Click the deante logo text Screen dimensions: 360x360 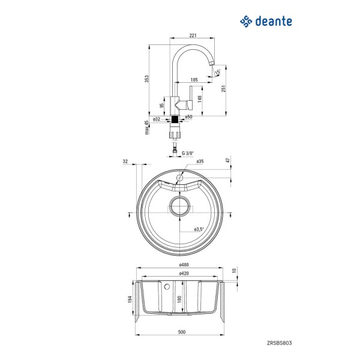point(274,22)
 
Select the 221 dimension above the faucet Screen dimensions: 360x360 point(193,35)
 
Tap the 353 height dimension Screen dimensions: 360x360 point(147,79)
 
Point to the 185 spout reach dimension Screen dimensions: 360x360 point(194,80)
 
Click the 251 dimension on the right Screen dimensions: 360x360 point(223,88)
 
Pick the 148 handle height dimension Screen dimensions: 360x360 point(200,99)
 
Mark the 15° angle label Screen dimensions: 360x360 point(218,72)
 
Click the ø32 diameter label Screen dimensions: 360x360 point(157,119)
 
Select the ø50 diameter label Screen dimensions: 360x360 point(189,117)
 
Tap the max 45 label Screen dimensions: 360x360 point(146,127)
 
